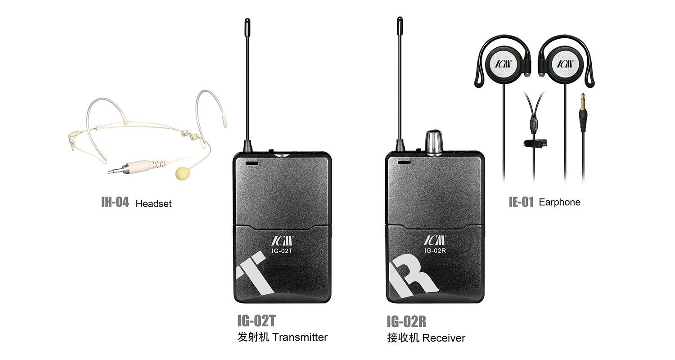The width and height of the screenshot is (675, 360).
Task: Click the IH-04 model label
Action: tap(115, 202)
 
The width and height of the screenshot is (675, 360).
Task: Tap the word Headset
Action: tap(153, 204)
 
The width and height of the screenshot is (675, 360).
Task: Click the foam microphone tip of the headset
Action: tap(183, 173)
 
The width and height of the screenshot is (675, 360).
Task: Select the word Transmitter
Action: tap(300, 337)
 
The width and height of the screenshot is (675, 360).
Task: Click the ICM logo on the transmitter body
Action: tap(282, 241)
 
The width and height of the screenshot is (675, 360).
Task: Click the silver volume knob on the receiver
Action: tap(433, 142)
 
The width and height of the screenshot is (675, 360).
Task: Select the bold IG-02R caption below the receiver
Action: tap(406, 322)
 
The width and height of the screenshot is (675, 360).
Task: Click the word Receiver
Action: tap(444, 338)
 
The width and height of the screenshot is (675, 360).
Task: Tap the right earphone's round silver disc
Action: tap(565, 64)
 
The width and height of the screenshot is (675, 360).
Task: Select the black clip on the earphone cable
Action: tap(535, 143)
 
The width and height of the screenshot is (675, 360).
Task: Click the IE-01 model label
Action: tap(521, 202)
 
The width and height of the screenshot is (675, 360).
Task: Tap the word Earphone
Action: tap(560, 202)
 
